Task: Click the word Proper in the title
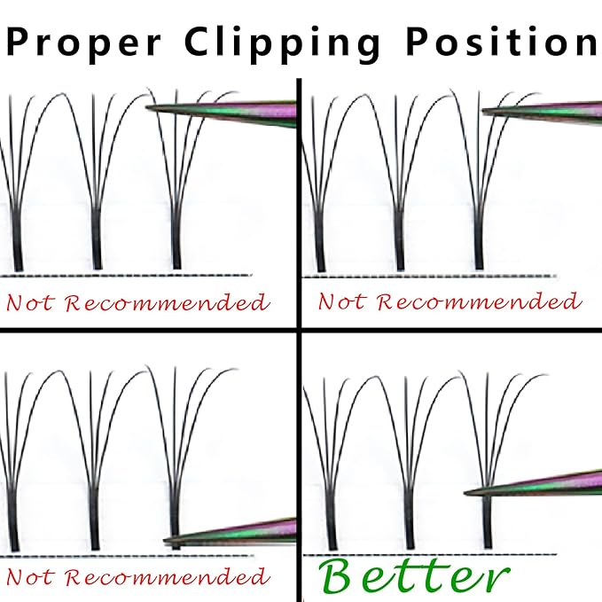83,43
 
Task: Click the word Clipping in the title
282,43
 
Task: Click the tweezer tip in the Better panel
465,493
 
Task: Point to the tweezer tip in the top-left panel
147,107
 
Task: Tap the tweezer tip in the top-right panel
484,112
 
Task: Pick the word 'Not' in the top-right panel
340,301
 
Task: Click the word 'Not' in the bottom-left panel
28,576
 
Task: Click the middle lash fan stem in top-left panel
97,238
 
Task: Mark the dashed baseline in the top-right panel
430,276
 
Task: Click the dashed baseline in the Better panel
430,554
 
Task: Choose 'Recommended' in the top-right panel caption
479,301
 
